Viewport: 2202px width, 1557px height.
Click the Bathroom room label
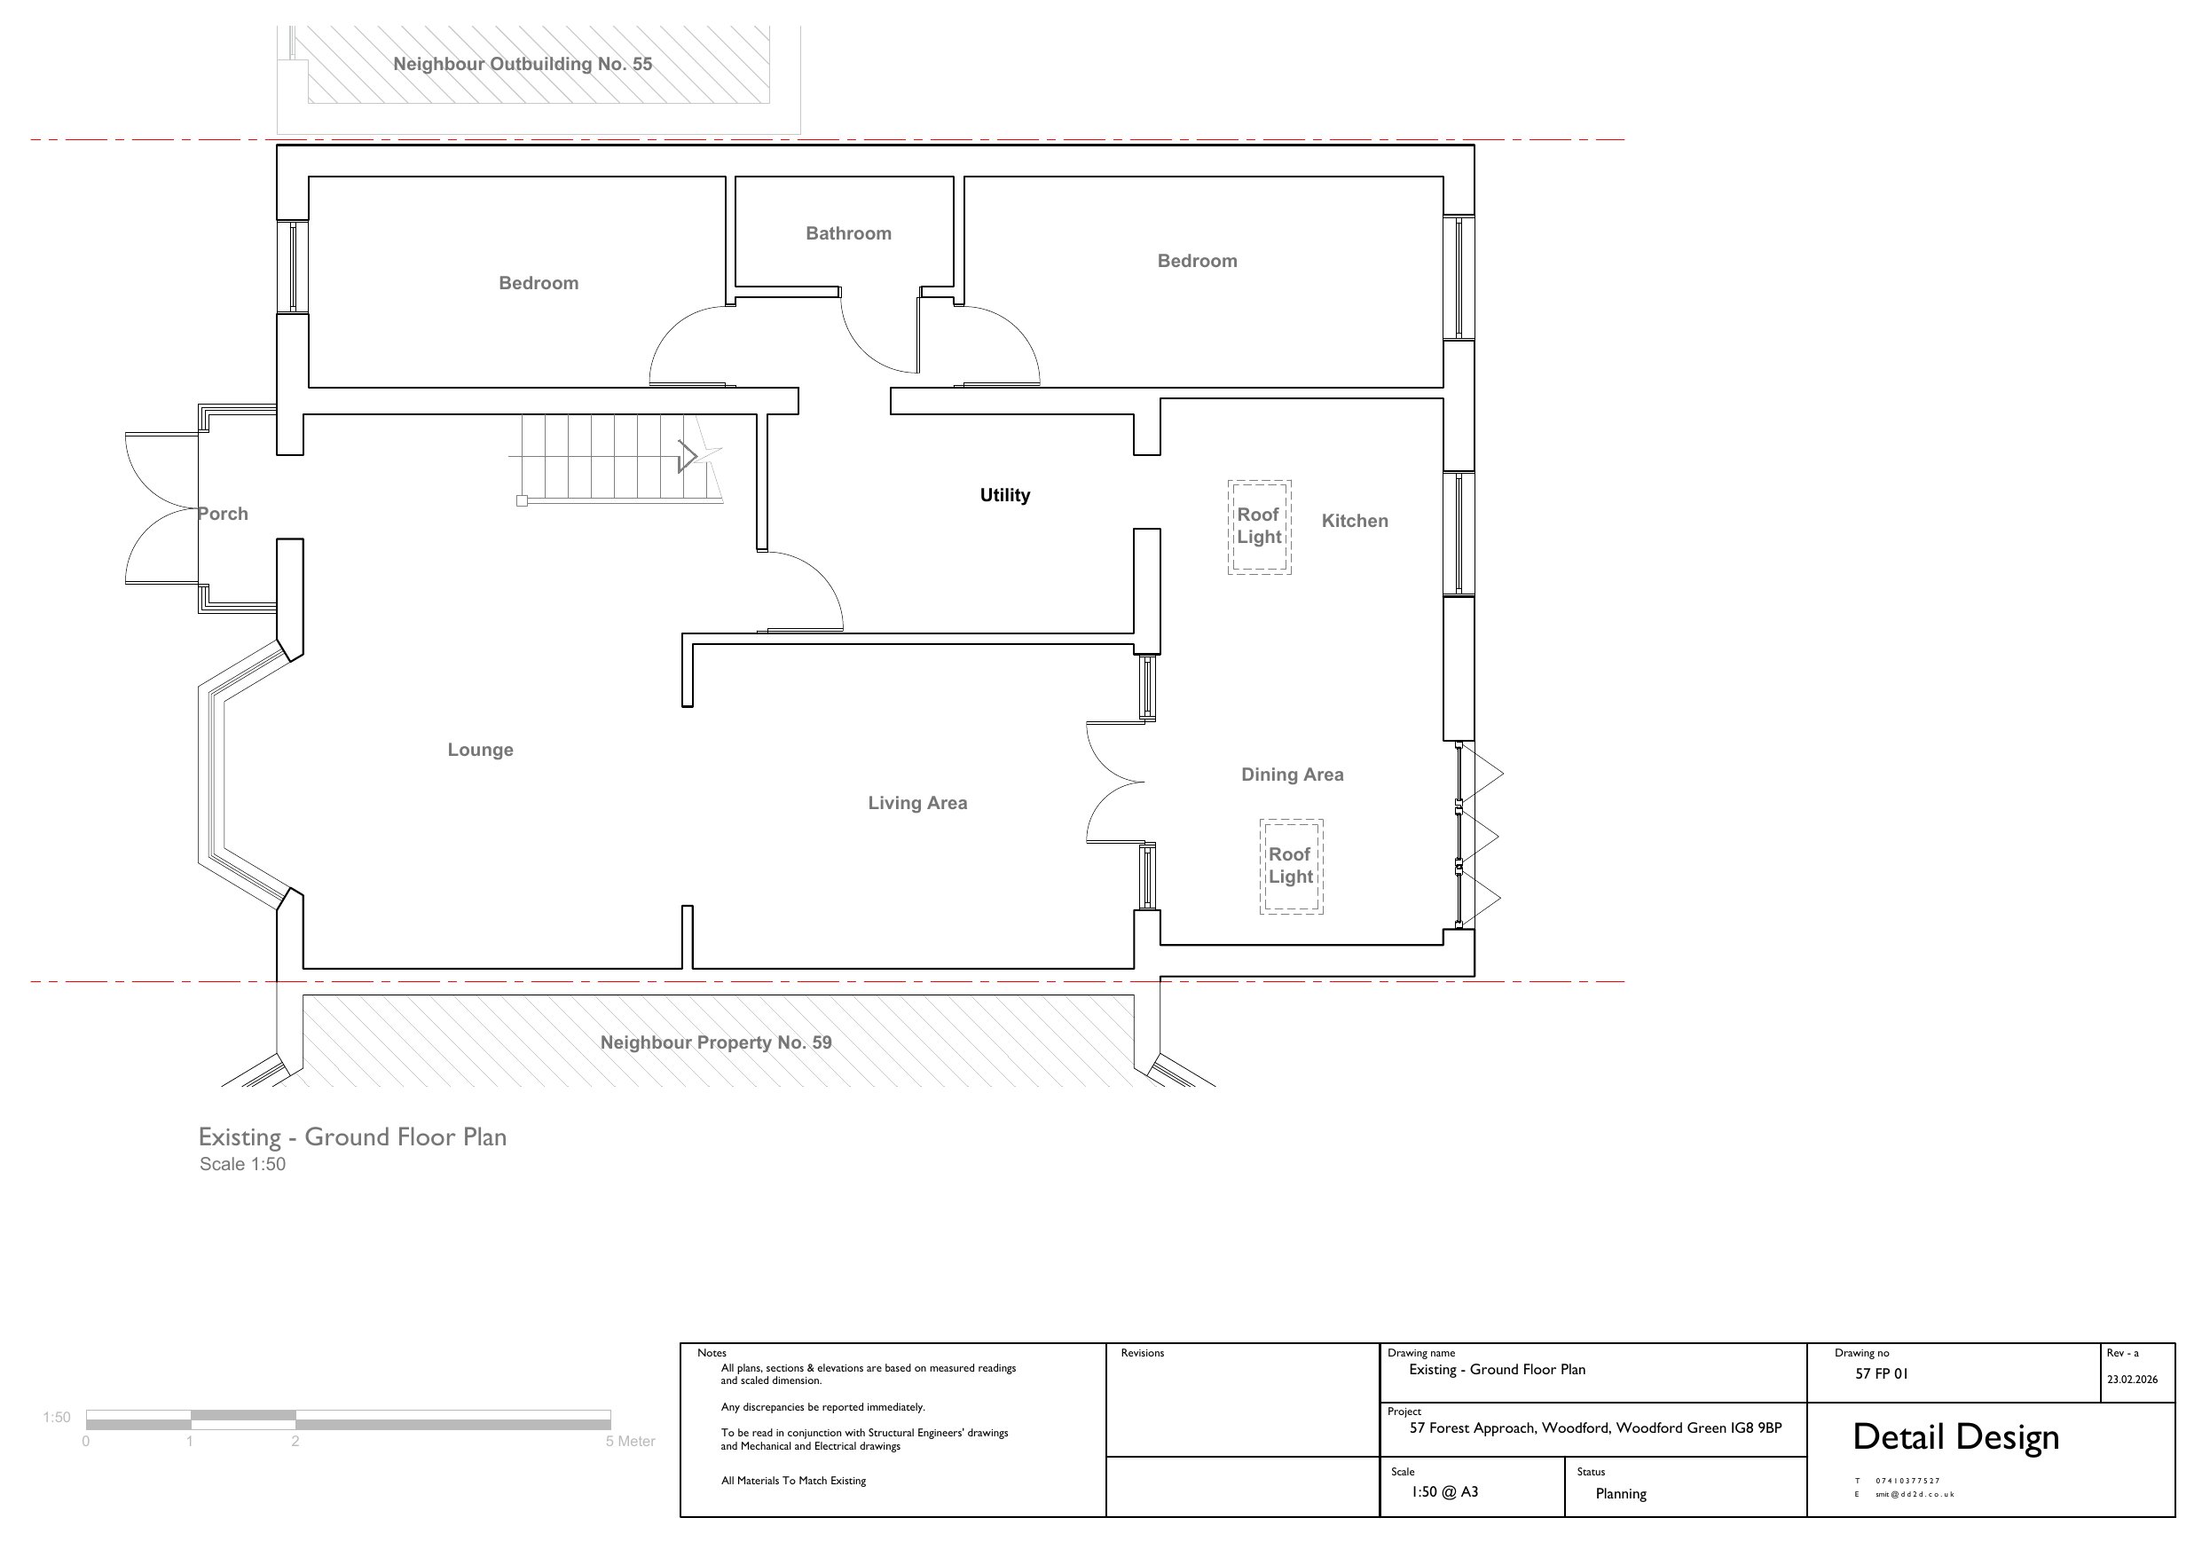pos(848,233)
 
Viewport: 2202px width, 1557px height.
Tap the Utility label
pos(1004,495)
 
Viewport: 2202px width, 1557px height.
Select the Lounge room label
pos(481,751)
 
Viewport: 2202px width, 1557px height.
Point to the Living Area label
pos(918,803)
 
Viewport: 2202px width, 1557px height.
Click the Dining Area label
pos(1292,775)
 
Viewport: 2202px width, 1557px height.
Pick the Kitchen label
pos(1354,521)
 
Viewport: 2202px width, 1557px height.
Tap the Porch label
pos(223,514)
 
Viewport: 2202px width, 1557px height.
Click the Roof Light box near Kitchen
pos(1259,528)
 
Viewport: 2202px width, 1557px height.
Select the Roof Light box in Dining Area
pos(1291,866)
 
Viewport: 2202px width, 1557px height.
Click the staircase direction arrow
pos(688,456)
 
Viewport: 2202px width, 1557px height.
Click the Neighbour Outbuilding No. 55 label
pos(523,64)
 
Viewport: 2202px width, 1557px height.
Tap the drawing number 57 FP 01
pos(1881,1373)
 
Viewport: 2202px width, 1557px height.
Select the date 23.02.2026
pos(2132,1380)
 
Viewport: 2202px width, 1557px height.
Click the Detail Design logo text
pos(1955,1437)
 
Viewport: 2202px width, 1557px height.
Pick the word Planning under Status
pos(1621,1494)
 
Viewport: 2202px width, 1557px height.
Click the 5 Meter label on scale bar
pos(630,1441)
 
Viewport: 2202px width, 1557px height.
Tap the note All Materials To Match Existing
pos(793,1480)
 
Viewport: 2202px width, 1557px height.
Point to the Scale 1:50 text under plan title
pos(242,1164)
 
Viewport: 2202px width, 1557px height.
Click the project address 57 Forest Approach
pos(1595,1427)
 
